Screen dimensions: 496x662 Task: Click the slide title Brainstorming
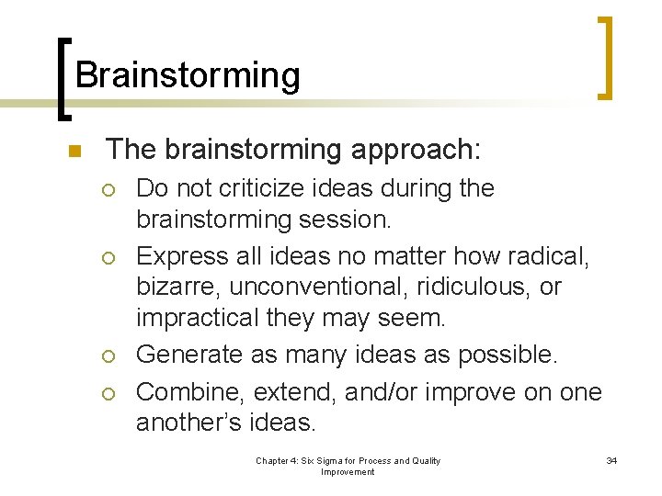click(x=188, y=75)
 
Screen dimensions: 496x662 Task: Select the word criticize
click(x=244, y=188)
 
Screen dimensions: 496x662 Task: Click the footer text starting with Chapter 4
click(x=348, y=466)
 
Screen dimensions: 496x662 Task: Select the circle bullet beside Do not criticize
click(x=110, y=190)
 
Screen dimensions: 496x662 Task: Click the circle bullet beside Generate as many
click(x=110, y=355)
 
